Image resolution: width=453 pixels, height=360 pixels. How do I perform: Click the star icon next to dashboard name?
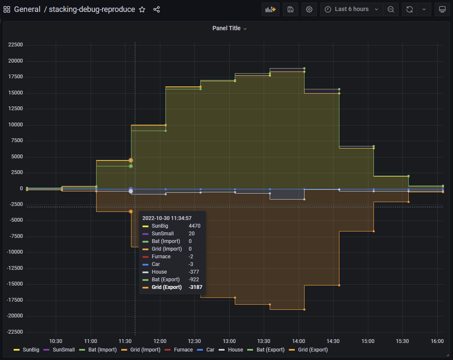(142, 9)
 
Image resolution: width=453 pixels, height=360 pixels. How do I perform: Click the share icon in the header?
(157, 9)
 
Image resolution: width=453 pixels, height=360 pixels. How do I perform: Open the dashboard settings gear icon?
(309, 9)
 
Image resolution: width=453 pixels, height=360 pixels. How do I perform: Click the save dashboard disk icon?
(291, 9)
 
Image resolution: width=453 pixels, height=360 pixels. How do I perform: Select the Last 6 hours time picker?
(351, 9)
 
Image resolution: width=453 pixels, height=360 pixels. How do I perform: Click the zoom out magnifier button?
(391, 9)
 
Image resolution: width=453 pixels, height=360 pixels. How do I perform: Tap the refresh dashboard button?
(409, 9)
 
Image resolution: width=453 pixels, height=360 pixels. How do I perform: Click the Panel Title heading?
(226, 28)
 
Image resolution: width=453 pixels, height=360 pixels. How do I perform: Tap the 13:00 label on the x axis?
(229, 341)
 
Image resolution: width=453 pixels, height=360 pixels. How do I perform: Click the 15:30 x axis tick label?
(402, 341)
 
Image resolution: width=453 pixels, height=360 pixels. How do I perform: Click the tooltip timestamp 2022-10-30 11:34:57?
(167, 218)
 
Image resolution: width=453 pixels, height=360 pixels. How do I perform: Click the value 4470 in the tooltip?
(194, 226)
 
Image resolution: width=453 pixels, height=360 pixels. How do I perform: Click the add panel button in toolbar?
(271, 9)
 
